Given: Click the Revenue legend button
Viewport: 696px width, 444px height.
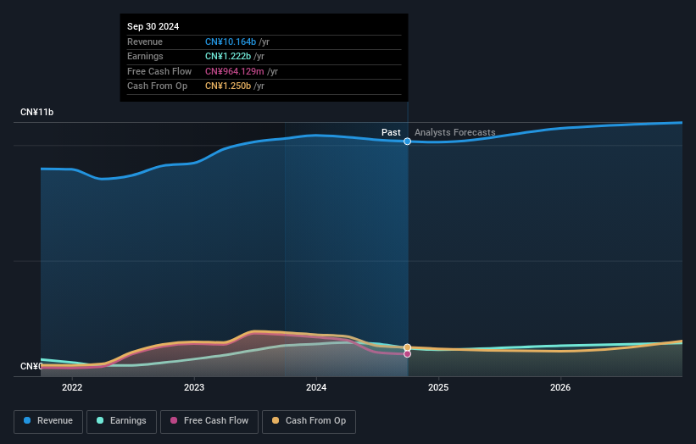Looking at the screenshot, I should (48, 421).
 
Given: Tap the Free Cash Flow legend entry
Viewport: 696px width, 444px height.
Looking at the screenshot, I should (210, 421).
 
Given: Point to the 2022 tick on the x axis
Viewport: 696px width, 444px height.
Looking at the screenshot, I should (72, 388).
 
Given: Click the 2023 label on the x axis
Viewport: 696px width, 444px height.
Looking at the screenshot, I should (194, 388).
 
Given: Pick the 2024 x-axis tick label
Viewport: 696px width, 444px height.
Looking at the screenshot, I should (316, 388).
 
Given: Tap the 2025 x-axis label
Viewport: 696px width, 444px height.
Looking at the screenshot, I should (438, 388).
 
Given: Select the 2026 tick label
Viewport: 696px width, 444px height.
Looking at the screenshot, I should (560, 388).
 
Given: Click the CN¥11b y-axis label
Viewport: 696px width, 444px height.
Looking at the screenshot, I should (36, 113).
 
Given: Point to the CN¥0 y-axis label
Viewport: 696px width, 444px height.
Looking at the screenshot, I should (31, 366).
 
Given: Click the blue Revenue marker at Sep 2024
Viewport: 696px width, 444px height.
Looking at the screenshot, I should (408, 142).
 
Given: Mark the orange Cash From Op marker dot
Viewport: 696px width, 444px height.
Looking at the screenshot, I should (408, 347).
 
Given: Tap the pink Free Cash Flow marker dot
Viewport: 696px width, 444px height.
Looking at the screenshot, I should (408, 354).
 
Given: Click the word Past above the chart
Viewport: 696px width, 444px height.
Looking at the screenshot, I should (391, 132).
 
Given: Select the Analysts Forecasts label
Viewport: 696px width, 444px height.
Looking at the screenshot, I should (455, 132).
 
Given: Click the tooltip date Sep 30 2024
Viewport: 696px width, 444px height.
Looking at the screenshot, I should (153, 27).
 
